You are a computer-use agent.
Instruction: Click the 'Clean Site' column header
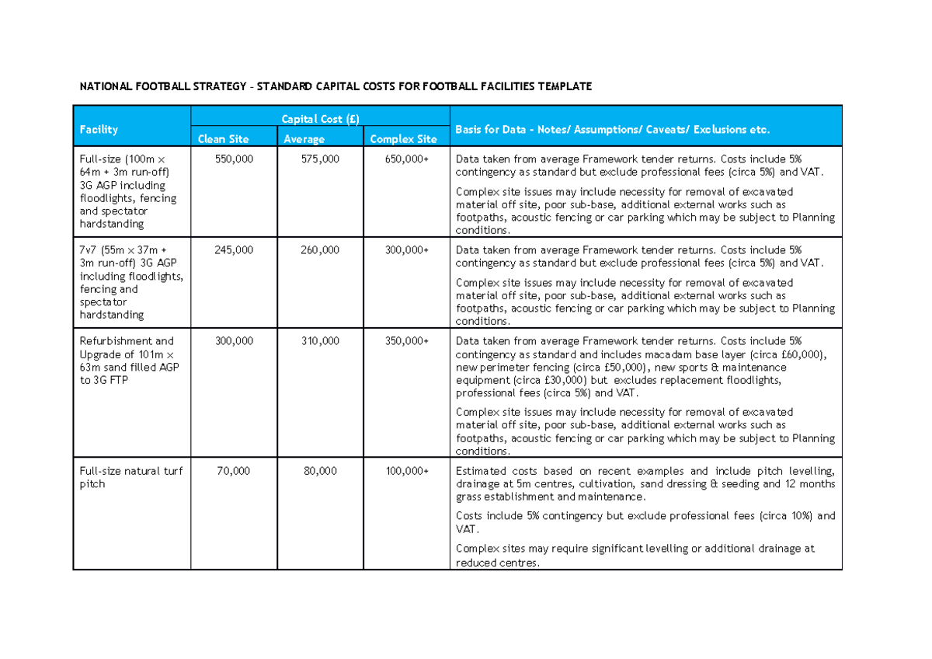[223, 139]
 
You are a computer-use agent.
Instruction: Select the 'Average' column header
[304, 139]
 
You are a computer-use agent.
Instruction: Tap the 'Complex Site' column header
[403, 139]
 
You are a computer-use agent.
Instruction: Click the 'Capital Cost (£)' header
[320, 119]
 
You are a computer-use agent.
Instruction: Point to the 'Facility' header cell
[99, 130]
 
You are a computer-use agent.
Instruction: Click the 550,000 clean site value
[233, 159]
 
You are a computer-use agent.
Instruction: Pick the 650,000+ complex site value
[407, 159]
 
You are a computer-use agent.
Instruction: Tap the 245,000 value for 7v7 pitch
[233, 250]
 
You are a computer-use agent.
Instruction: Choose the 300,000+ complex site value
[407, 250]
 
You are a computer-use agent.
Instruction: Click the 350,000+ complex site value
[407, 341]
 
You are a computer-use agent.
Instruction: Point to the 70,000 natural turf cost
[235, 471]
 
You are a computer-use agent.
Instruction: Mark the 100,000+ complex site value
[407, 471]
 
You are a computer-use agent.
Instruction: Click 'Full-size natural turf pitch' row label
[130, 477]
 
